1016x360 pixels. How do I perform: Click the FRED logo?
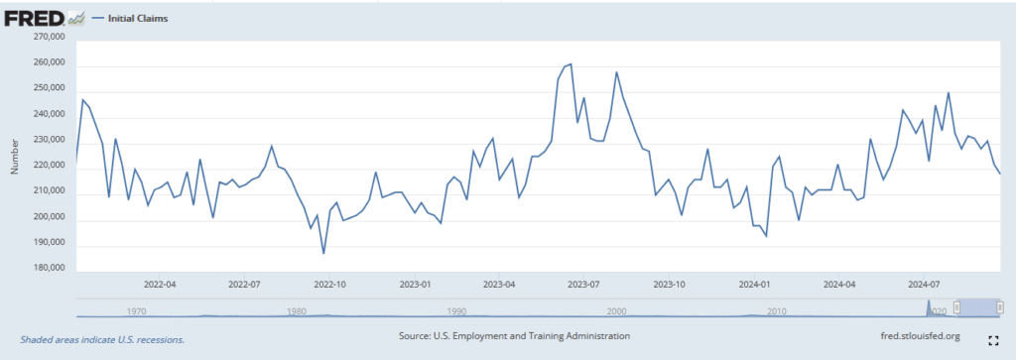tap(36, 18)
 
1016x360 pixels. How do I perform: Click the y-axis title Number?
tap(15, 156)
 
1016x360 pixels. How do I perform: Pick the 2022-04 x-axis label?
tap(159, 283)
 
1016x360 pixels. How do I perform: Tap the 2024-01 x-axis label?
tap(755, 283)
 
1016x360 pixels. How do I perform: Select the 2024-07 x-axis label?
tap(924, 283)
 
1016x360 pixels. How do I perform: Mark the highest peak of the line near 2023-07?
tap(570, 64)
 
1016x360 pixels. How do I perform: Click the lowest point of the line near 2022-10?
tap(323, 254)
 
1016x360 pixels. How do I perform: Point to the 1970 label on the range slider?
tap(137, 311)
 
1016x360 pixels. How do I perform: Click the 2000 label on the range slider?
tap(616, 311)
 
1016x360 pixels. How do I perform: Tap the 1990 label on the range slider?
tap(456, 311)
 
